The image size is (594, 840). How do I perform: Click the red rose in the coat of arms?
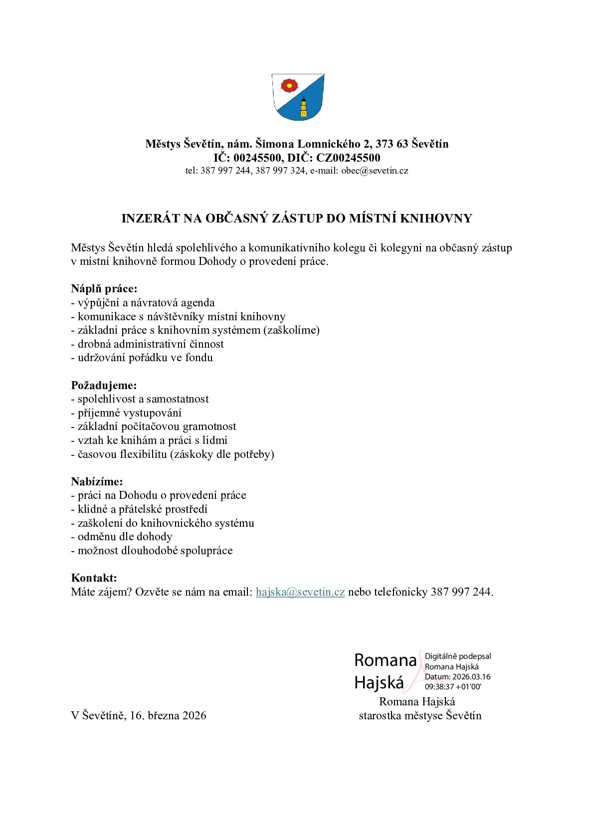(x=289, y=86)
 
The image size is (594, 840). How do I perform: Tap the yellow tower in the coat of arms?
(x=303, y=108)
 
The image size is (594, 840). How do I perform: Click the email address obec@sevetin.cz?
(x=375, y=171)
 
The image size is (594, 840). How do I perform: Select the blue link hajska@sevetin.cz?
(x=300, y=592)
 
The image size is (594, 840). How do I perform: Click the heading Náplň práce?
(x=104, y=289)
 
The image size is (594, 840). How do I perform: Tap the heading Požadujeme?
(x=104, y=386)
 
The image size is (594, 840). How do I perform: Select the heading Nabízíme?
(x=97, y=482)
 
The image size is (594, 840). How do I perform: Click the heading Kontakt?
(x=94, y=578)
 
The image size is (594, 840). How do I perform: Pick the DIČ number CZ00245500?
(x=348, y=158)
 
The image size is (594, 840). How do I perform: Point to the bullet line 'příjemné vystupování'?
(x=129, y=413)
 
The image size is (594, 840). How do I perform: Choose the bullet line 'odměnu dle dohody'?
(x=125, y=537)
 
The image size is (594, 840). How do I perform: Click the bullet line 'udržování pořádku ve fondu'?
(x=145, y=358)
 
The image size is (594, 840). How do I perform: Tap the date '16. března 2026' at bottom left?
(x=168, y=716)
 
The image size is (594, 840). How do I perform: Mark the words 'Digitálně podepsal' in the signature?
(x=458, y=656)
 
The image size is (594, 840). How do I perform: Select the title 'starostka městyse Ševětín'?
(x=420, y=716)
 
